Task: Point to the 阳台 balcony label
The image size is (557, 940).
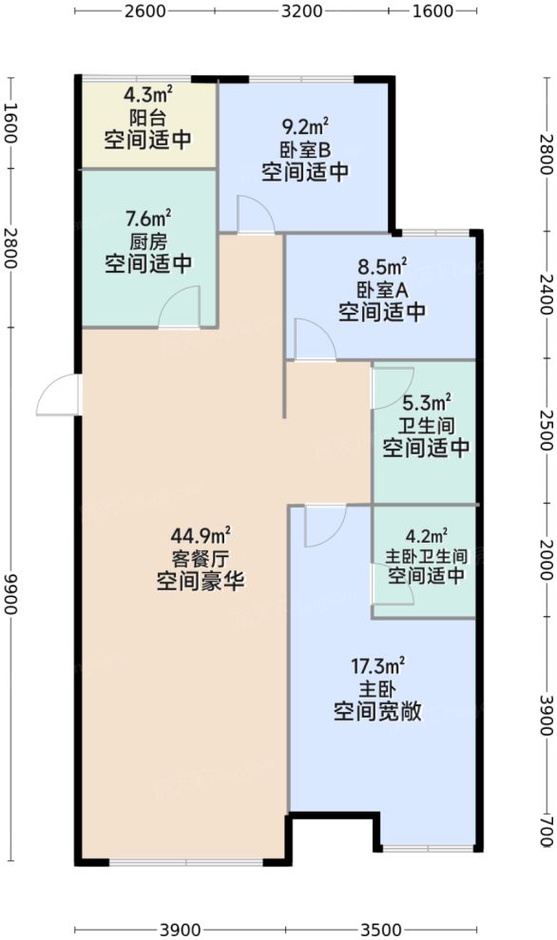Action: tap(147, 118)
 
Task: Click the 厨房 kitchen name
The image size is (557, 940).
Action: tap(147, 240)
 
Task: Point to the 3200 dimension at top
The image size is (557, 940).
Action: tap(303, 11)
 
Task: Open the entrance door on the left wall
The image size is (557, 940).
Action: tap(59, 395)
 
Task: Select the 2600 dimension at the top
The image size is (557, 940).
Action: tap(145, 11)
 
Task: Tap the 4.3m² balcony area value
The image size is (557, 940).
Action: tap(147, 96)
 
